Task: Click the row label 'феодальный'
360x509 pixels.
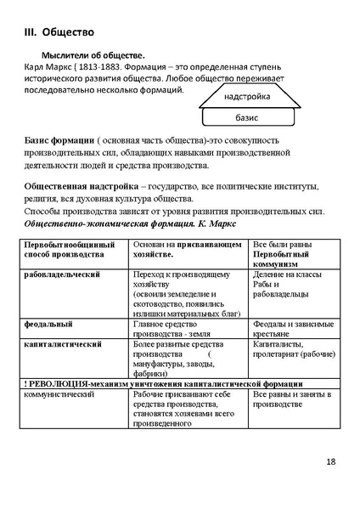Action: click(x=48, y=324)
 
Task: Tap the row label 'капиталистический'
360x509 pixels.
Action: click(x=64, y=344)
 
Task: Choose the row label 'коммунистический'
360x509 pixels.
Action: click(x=59, y=395)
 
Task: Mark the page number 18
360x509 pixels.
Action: click(x=330, y=462)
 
